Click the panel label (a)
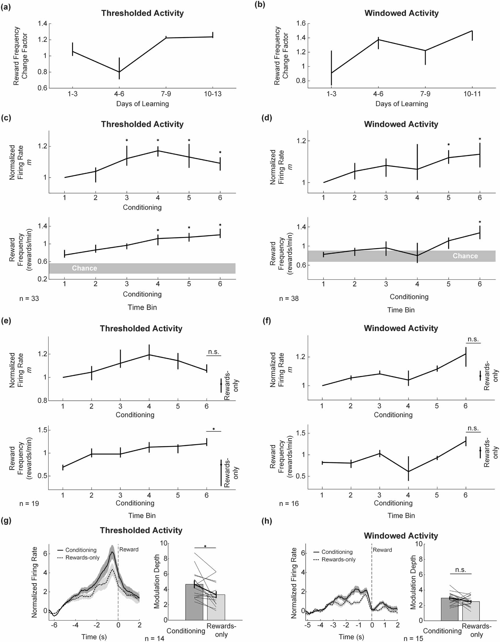(x=6, y=7)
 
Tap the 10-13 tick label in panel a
(x=212, y=94)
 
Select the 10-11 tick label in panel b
(x=472, y=94)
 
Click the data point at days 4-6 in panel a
(x=119, y=72)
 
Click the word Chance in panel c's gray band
(x=84, y=268)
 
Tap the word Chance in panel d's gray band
(x=465, y=256)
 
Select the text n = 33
(x=29, y=299)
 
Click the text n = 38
(x=289, y=299)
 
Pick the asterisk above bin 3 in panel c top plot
(x=127, y=140)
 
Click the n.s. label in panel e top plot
(x=214, y=352)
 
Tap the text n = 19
(x=29, y=503)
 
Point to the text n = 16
(x=289, y=503)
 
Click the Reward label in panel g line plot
(x=129, y=550)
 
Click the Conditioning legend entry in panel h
(x=337, y=552)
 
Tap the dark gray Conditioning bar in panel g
(x=194, y=603)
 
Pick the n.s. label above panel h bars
(x=461, y=570)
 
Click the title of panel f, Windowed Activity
(x=401, y=328)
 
